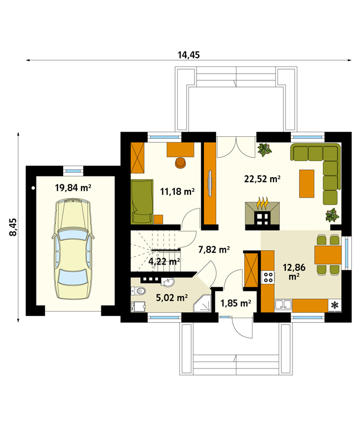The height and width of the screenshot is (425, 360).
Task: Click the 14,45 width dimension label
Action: coord(188,55)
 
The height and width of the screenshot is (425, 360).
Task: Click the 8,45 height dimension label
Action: coord(13,227)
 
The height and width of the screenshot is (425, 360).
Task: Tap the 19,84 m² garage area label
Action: coord(73,188)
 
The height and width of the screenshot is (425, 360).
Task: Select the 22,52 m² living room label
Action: coord(263,179)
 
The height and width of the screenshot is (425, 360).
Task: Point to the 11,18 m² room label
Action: coord(177,191)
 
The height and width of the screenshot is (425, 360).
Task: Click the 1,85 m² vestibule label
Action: coord(236,303)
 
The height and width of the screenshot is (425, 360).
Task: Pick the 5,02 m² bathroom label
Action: coord(172,298)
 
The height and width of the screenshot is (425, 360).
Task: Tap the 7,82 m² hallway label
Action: coord(214,250)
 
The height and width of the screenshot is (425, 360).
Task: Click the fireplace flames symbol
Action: coord(263,203)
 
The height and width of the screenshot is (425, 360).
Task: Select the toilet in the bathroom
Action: coord(138,291)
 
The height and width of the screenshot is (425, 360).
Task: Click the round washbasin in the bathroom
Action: coord(168,282)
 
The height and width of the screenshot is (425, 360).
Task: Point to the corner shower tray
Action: coord(202,303)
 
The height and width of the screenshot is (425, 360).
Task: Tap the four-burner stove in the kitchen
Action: coord(268,277)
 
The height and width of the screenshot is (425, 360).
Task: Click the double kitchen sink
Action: coord(284,305)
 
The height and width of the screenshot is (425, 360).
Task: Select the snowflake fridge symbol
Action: coord(335,305)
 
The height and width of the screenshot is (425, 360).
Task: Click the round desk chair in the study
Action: coord(181,163)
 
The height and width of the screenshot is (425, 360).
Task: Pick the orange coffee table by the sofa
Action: coord(307,184)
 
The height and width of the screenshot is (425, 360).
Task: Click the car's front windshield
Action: coord(73,235)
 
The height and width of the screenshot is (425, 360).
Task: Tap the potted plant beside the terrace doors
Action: coord(264,149)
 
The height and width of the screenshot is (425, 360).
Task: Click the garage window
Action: coord(73,171)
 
